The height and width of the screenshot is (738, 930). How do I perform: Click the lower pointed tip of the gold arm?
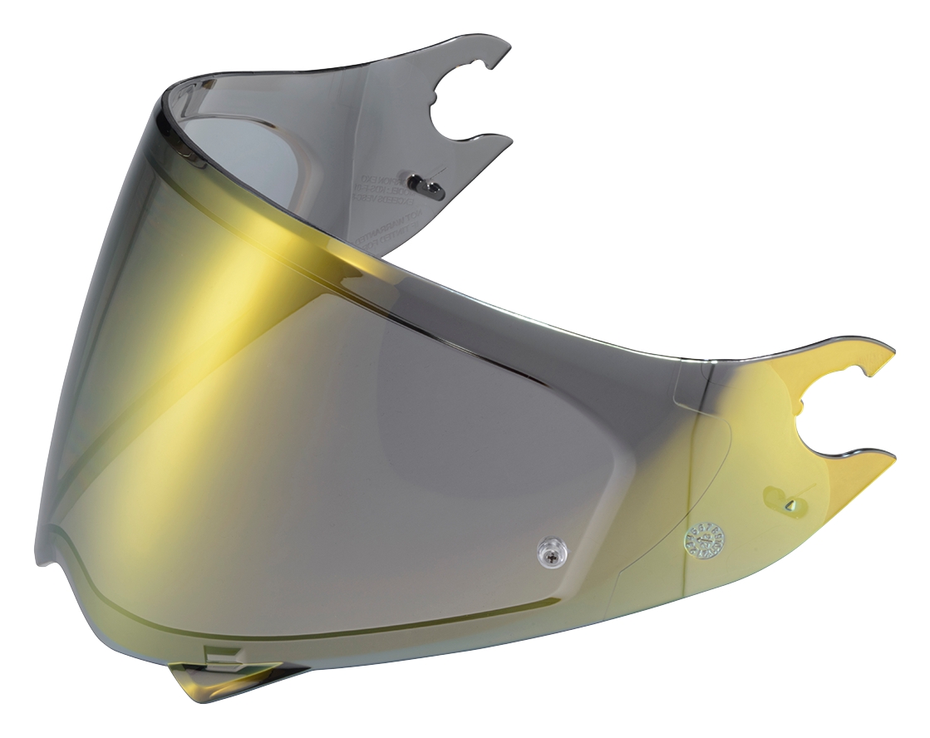tap(889, 455)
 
